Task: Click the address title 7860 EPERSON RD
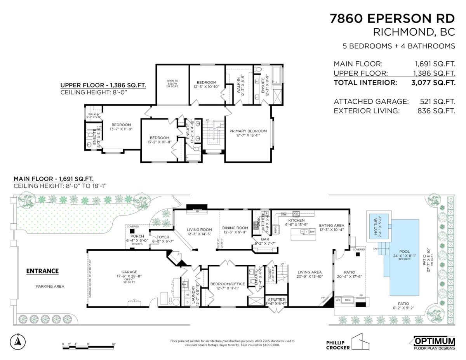click(x=392, y=18)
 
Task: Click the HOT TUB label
click(x=379, y=230)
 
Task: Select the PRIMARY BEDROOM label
click(x=248, y=131)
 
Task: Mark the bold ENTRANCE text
click(x=42, y=271)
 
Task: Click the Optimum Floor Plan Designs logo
click(x=434, y=343)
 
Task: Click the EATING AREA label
click(x=331, y=225)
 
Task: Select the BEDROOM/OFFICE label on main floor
click(x=228, y=284)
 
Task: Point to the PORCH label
click(x=137, y=236)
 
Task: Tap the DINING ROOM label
click(x=235, y=228)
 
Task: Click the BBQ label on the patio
click(x=348, y=300)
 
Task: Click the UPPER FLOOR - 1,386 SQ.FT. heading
click(x=103, y=85)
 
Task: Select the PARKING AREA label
click(x=50, y=286)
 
